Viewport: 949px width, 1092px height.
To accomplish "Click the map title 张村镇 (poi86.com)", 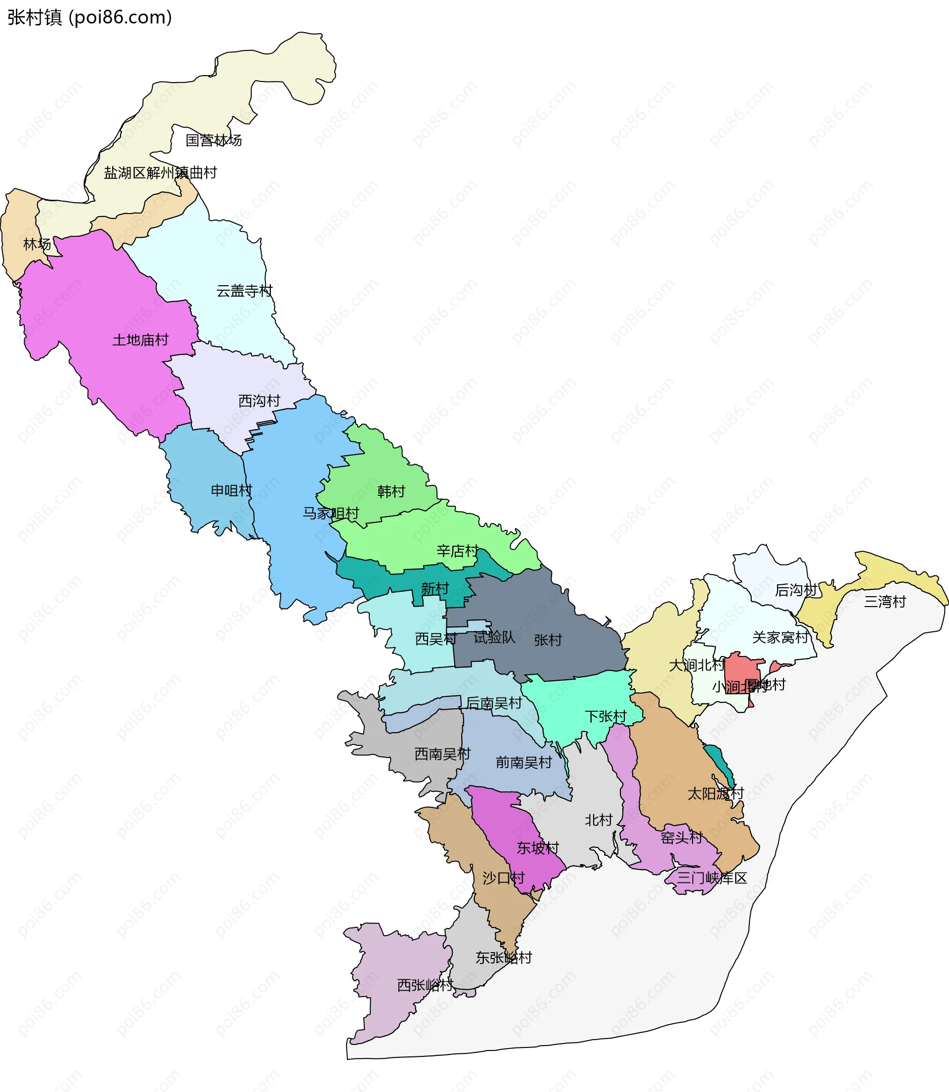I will [x=89, y=17].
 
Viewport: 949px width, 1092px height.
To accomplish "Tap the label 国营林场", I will [x=214, y=140].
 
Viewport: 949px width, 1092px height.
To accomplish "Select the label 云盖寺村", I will [x=244, y=291].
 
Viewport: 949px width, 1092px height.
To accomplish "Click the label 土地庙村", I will [x=140, y=340].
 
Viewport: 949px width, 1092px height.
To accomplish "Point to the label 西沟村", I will [x=259, y=401].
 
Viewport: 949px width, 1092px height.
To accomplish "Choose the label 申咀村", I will [x=231, y=490].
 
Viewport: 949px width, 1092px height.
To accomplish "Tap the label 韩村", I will [x=391, y=492].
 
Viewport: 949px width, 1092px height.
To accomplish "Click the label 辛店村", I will [x=458, y=551].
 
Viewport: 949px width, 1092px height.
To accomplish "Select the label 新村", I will [x=435, y=588].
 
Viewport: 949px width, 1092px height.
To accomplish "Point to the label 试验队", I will [x=494, y=638].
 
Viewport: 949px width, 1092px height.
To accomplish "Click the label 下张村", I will [x=605, y=716].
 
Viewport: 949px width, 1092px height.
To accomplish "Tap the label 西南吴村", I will [x=442, y=753].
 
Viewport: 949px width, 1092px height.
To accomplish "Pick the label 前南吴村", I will [x=524, y=763].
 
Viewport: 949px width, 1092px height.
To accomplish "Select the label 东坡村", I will [x=538, y=848].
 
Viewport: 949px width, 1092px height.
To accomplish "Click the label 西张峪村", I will [x=425, y=985].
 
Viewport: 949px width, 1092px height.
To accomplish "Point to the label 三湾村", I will [x=885, y=602].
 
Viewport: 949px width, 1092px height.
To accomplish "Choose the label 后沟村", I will [x=796, y=590].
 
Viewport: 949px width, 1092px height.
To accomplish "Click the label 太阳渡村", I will [x=716, y=794].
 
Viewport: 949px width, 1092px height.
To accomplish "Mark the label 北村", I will [x=599, y=820].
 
